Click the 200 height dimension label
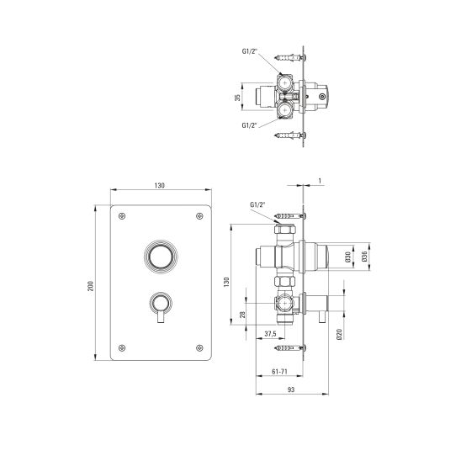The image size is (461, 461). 91,286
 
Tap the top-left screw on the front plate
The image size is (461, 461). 122,216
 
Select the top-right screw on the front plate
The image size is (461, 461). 199,216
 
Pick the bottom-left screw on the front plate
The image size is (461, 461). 122,347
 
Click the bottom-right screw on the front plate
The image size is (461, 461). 199,347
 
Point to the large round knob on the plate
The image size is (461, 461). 161,256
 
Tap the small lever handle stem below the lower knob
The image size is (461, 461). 161,317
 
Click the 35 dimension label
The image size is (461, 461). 237,97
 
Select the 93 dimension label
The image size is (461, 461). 291,389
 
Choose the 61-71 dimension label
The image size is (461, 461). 279,372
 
